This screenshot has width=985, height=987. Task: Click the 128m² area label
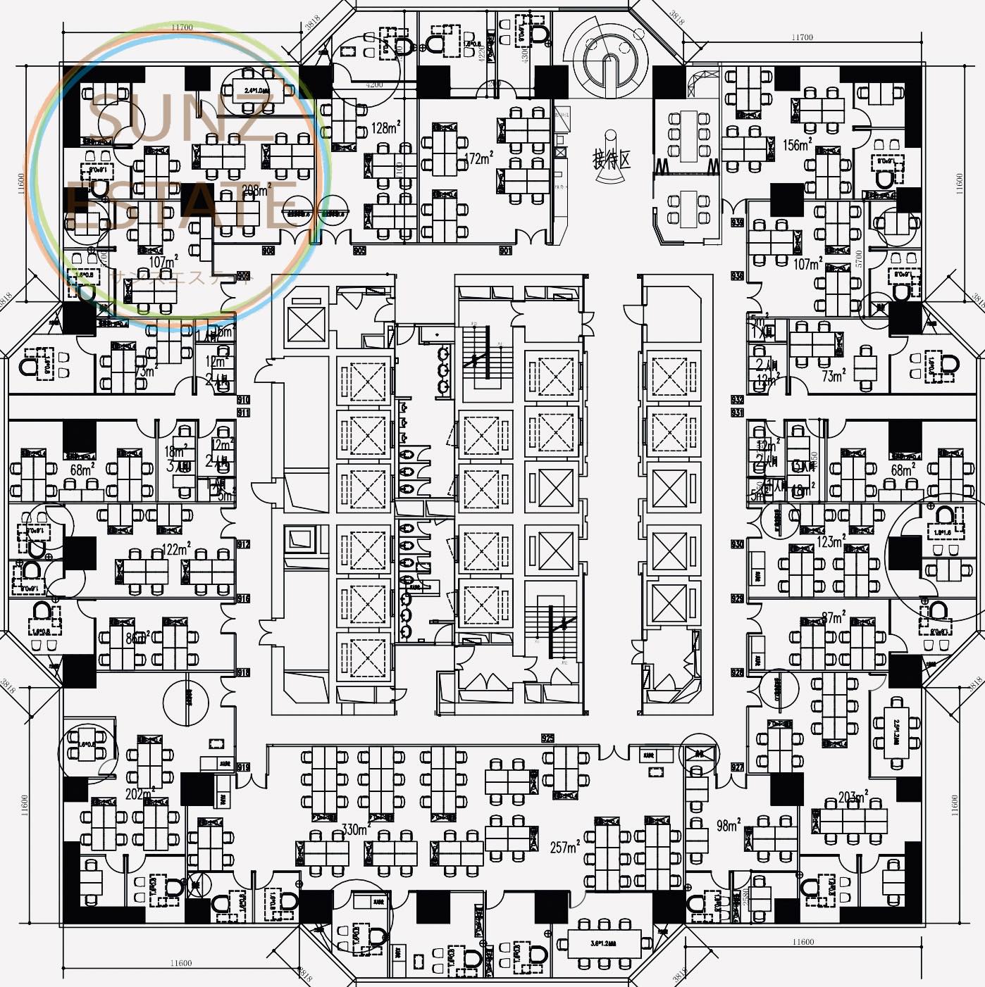tap(385, 127)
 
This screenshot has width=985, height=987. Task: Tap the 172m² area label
tap(478, 158)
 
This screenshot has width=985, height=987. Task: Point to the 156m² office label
tap(797, 144)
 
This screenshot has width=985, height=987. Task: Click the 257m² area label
tap(565, 847)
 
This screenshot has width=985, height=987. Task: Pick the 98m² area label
tap(728, 825)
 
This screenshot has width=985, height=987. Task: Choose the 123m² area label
tap(831, 541)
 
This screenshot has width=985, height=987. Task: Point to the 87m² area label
tap(833, 617)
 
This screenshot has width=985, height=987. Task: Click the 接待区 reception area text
tap(611, 159)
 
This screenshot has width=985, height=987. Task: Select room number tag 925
tap(547, 738)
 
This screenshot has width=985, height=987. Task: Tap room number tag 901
tap(505, 250)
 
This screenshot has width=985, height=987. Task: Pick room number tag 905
tap(359, 250)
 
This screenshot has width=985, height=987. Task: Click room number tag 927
tap(737, 767)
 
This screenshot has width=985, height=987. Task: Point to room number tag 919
tap(243, 767)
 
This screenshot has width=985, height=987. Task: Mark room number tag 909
tap(243, 275)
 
